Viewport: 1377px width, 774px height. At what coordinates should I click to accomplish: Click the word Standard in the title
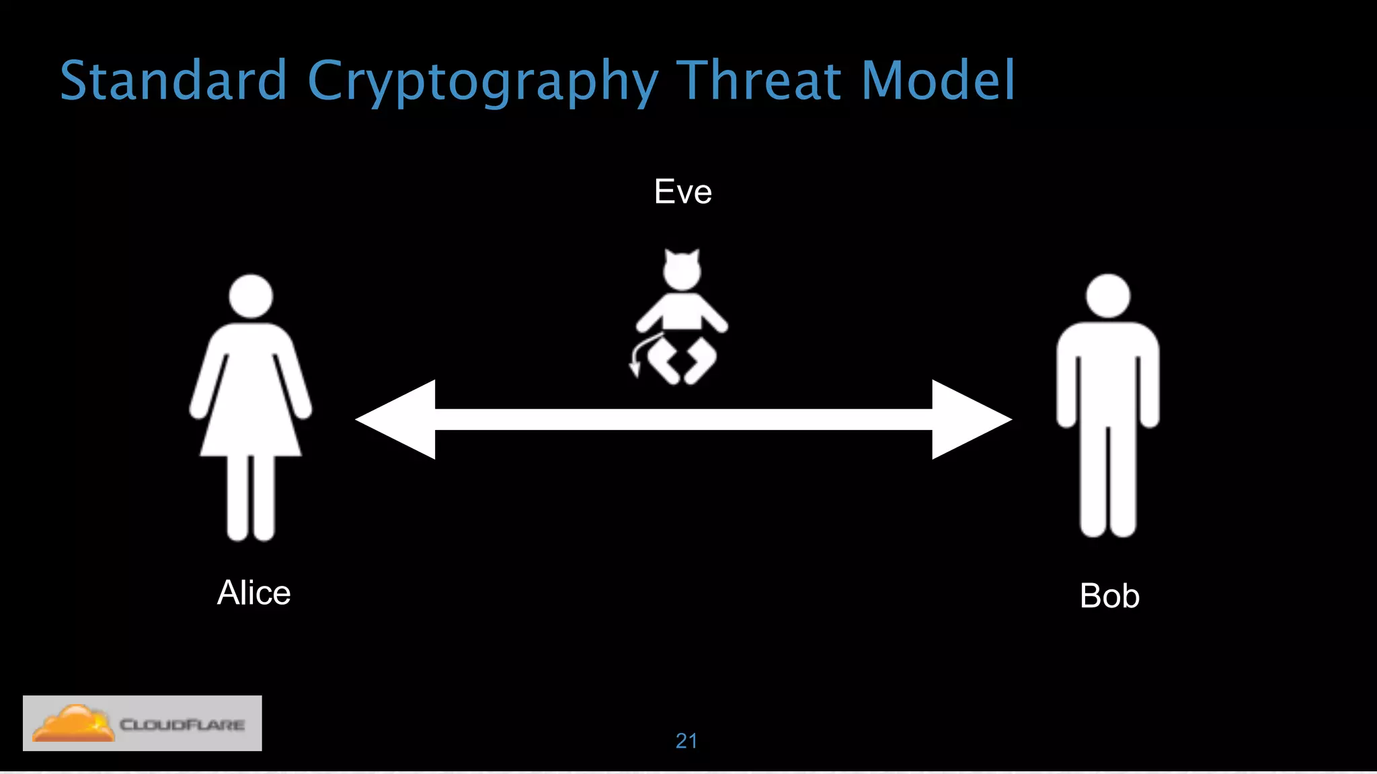(x=173, y=81)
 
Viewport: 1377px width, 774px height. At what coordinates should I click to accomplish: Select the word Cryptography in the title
(x=482, y=82)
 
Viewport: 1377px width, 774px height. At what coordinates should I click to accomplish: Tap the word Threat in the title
(x=758, y=81)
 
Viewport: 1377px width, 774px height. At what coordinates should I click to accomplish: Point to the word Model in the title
(x=939, y=81)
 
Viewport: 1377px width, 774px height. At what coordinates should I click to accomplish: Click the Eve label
(x=682, y=192)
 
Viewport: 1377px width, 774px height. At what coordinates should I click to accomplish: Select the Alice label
(x=253, y=593)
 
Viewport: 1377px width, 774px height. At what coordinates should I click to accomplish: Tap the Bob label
(x=1109, y=596)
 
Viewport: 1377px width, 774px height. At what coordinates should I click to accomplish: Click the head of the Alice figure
(x=251, y=296)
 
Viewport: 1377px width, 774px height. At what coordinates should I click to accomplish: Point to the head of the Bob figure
(x=1108, y=296)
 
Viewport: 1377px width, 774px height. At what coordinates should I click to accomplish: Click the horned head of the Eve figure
(x=682, y=270)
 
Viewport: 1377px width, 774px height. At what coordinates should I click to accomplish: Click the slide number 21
(x=686, y=740)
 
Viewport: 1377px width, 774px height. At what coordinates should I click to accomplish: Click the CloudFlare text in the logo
(x=182, y=724)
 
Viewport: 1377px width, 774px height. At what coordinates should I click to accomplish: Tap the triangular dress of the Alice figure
(x=251, y=403)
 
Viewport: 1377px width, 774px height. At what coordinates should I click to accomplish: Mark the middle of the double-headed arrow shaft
(x=683, y=419)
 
